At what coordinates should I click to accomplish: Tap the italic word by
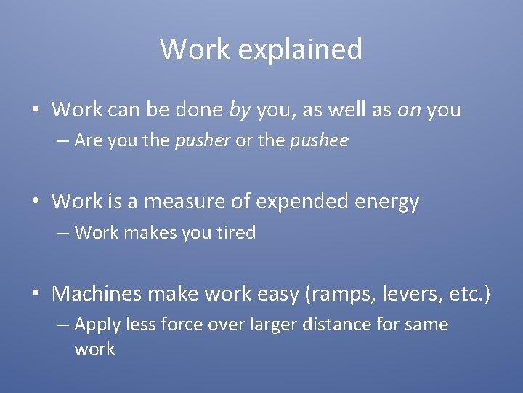(x=239, y=110)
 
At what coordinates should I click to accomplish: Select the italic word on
(x=408, y=110)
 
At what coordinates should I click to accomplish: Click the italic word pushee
(x=319, y=140)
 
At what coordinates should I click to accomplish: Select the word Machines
(x=97, y=294)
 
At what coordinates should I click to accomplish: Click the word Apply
(x=97, y=325)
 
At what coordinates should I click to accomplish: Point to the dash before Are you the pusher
(x=63, y=141)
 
